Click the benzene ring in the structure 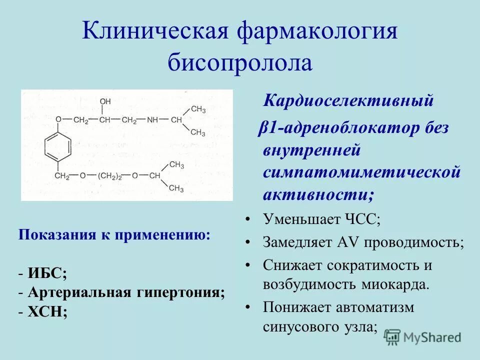tap(59, 148)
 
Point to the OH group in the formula tap(105, 102)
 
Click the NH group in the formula tap(152, 120)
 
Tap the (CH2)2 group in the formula tap(113, 176)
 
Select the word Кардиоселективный tap(348, 101)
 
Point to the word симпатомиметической tap(361, 171)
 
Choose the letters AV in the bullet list tap(345, 242)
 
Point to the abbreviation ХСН tap(48, 311)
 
